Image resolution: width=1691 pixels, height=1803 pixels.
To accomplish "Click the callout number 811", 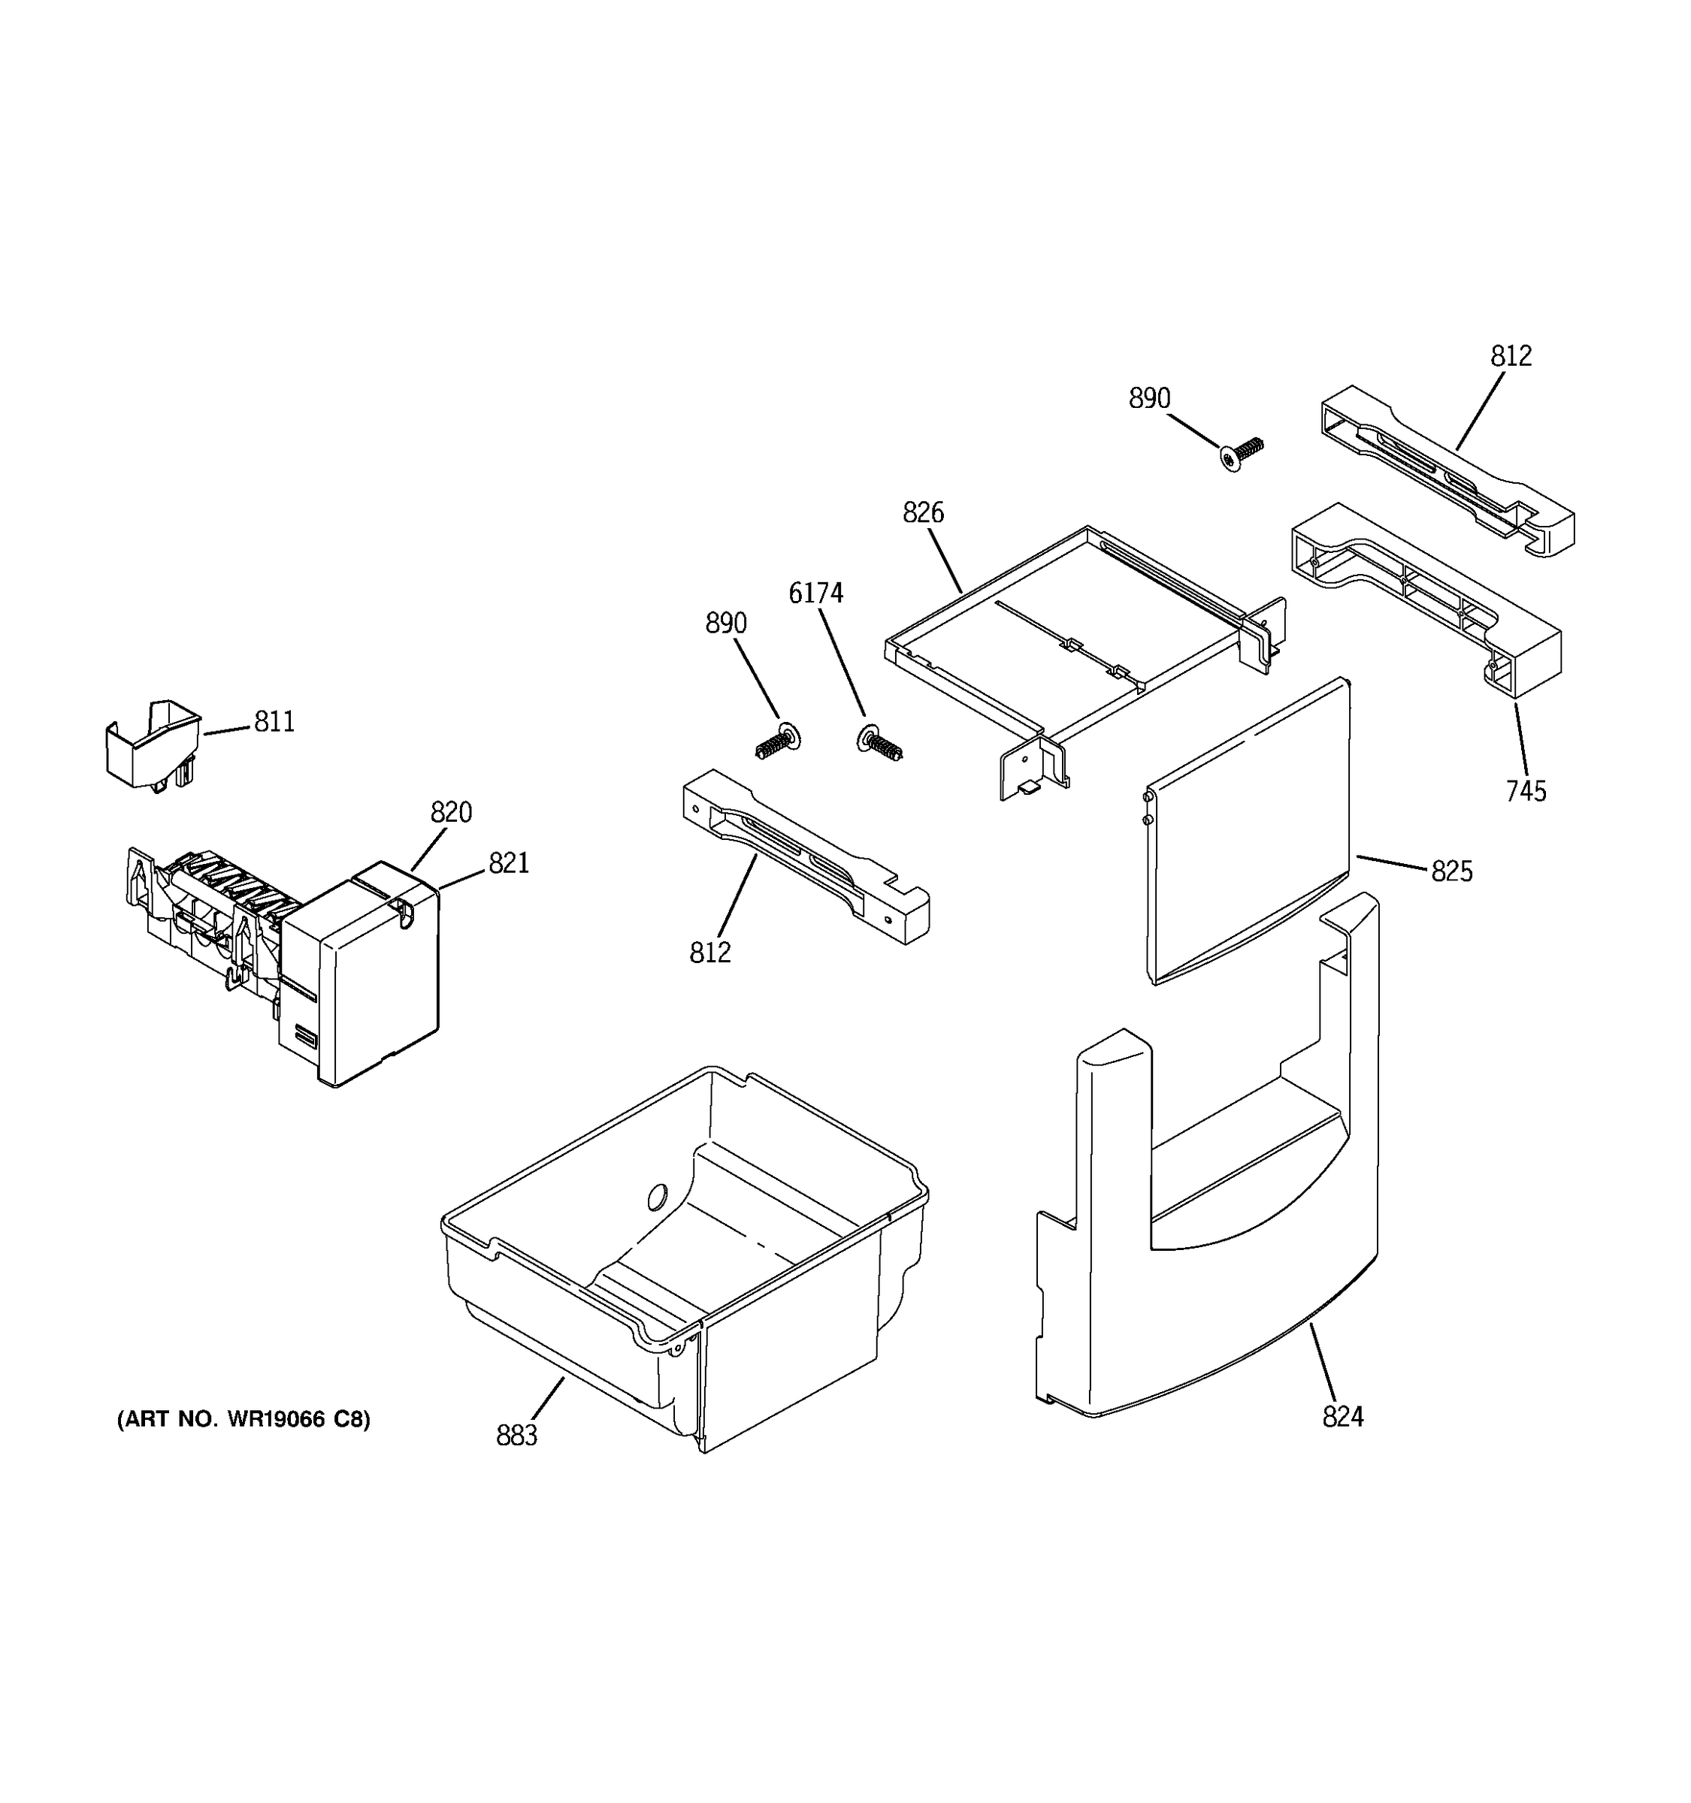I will (274, 722).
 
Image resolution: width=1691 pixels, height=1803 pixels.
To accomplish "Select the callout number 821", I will (508, 863).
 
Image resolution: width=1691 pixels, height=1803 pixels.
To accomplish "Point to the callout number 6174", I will (815, 593).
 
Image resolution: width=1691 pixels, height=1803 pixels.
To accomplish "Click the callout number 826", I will (923, 513).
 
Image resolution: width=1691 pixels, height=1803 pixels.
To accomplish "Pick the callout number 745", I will (1525, 792).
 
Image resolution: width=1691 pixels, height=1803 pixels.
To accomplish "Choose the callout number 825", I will (1451, 871).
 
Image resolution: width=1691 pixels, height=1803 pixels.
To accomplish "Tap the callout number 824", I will (1342, 1417).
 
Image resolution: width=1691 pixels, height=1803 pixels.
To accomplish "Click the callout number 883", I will (516, 1436).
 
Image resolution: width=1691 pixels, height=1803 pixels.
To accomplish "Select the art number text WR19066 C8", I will (243, 1419).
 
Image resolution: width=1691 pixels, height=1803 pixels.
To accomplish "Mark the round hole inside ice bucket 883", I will (657, 1197).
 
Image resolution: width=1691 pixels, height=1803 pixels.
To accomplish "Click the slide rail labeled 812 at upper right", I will (1446, 469).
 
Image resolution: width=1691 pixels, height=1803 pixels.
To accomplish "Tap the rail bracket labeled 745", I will (1424, 599).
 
